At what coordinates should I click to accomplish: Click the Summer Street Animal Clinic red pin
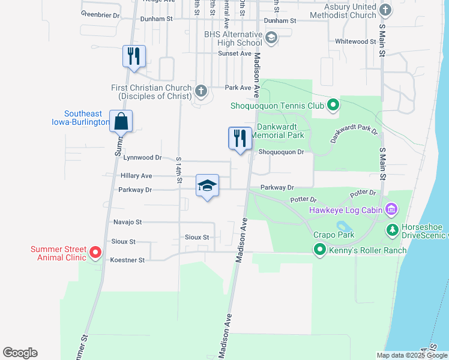click(x=95, y=253)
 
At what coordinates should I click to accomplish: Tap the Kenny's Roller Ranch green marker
click(x=320, y=249)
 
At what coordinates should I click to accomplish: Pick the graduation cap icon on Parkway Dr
click(x=207, y=185)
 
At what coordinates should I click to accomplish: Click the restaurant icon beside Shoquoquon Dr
click(x=240, y=138)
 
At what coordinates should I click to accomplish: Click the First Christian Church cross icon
click(x=200, y=92)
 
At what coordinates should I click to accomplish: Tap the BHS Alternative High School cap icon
click(x=271, y=38)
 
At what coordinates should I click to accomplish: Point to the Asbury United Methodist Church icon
click(x=385, y=10)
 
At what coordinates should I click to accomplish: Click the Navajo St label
click(x=127, y=222)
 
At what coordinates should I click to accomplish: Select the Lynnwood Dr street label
click(x=142, y=158)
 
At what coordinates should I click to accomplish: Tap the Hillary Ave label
click(x=136, y=176)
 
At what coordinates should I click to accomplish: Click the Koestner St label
click(x=128, y=260)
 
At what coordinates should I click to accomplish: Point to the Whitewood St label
click(x=355, y=41)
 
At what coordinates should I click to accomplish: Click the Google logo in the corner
click(x=20, y=353)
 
